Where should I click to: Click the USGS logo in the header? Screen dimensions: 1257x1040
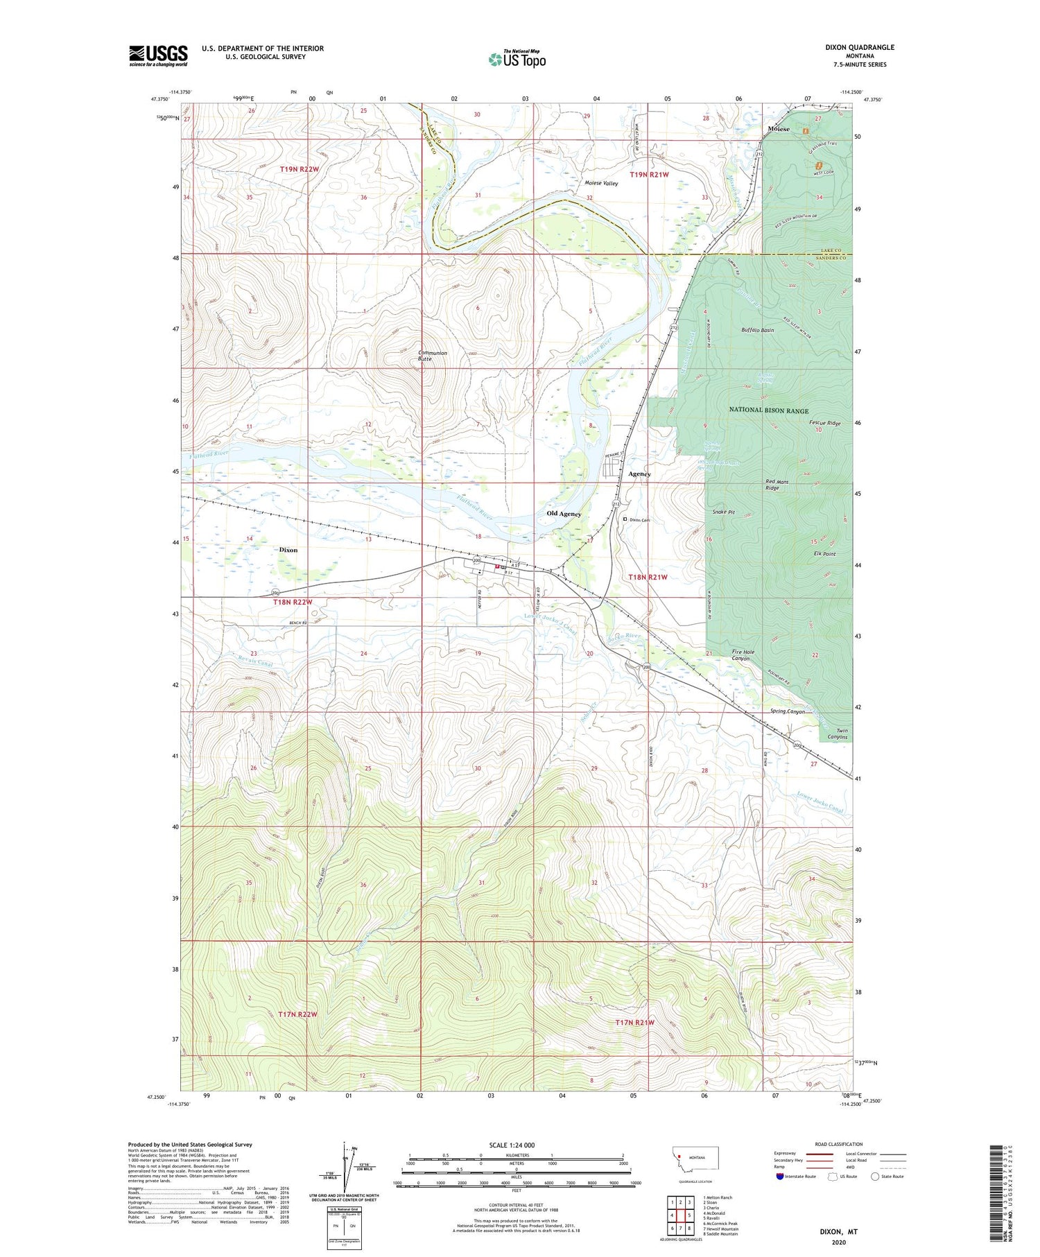pyautogui.click(x=158, y=55)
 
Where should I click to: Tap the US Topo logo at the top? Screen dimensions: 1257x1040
pyautogui.click(x=517, y=60)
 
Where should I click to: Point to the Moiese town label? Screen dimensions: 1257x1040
pyautogui.click(x=779, y=129)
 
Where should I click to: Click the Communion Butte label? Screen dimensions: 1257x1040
pyautogui.click(x=433, y=356)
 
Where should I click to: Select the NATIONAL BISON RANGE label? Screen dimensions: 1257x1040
pyautogui.click(x=768, y=410)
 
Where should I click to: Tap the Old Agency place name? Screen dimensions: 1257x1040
pyautogui.click(x=564, y=514)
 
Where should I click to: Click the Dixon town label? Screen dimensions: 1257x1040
pyautogui.click(x=288, y=550)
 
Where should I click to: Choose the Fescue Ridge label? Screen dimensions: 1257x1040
pyautogui.click(x=824, y=423)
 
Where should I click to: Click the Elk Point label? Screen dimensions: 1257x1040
pyautogui.click(x=824, y=554)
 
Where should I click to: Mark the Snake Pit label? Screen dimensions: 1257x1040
pyautogui.click(x=725, y=512)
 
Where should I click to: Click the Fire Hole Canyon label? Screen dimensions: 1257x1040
pyautogui.click(x=742, y=655)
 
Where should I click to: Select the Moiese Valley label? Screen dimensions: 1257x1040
pyautogui.click(x=600, y=183)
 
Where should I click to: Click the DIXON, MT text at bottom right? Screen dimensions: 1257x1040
pyautogui.click(x=839, y=1232)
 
